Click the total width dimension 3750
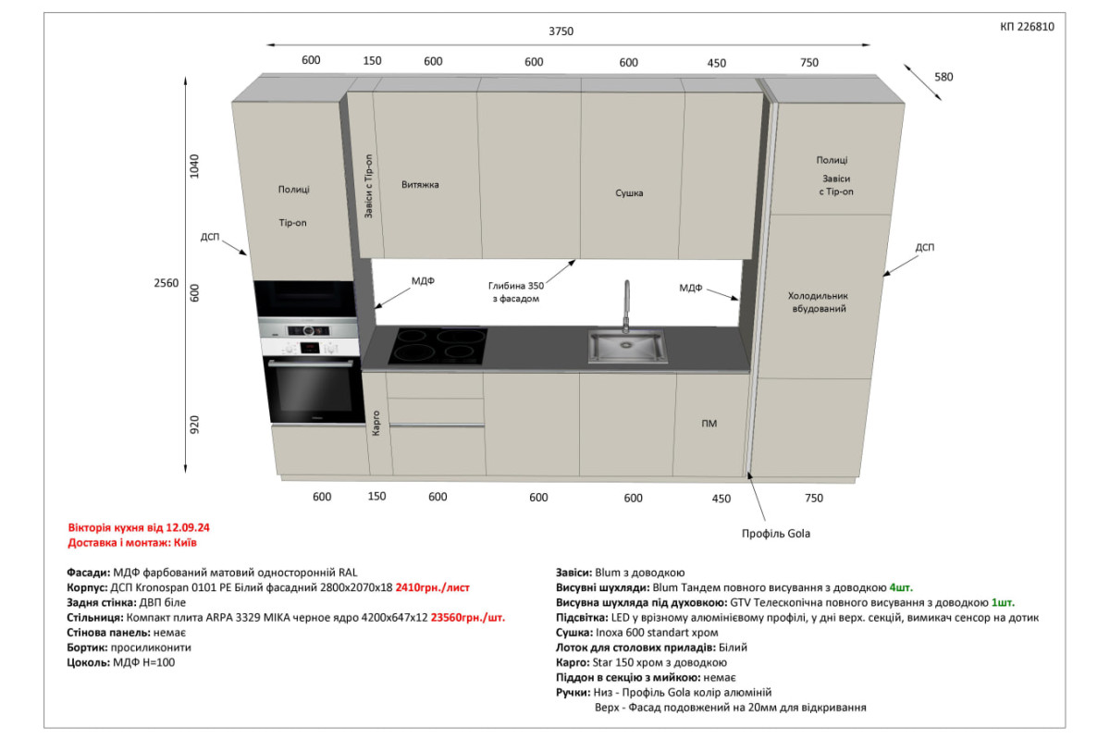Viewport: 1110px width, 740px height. (561, 31)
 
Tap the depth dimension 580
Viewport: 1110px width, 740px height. (943, 77)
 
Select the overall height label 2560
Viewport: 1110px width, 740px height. (166, 283)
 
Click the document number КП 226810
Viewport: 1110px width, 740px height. (1027, 27)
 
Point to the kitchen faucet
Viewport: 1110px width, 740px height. (626, 306)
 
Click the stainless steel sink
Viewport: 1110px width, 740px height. (627, 347)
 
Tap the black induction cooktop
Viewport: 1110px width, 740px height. (438, 346)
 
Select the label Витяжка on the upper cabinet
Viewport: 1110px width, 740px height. (420, 185)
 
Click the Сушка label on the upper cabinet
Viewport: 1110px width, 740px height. (629, 192)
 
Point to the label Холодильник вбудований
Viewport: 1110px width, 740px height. (818, 302)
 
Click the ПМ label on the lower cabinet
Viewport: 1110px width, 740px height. (709, 424)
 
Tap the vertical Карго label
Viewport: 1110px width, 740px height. (376, 424)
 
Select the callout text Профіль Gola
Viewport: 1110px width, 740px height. (775, 534)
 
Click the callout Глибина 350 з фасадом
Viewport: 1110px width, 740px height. (516, 292)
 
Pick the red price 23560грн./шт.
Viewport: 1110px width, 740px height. (468, 618)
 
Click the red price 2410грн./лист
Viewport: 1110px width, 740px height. (432, 587)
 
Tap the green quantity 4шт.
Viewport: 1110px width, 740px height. (901, 587)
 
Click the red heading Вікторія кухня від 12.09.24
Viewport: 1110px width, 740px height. (139, 527)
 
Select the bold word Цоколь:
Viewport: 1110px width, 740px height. (88, 662)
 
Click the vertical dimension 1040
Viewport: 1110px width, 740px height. (194, 166)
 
